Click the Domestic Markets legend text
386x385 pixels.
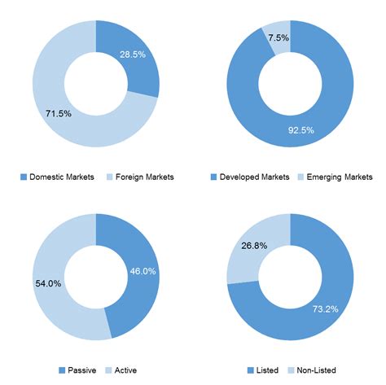pos(62,177)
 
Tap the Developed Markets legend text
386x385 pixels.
pos(256,177)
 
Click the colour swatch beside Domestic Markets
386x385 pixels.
pos(24,177)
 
